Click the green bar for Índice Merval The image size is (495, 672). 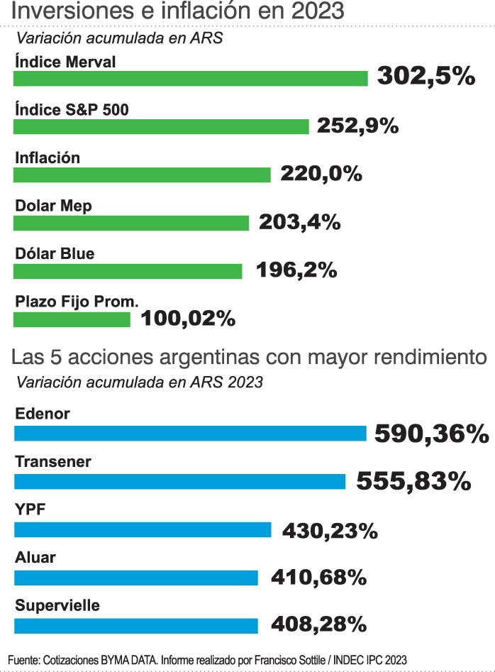click(x=190, y=79)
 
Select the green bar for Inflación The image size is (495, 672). click(x=142, y=175)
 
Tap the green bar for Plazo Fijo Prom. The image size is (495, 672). click(x=72, y=319)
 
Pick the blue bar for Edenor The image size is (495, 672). click(x=190, y=433)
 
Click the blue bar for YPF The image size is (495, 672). click(x=143, y=529)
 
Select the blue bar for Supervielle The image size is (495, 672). click(x=135, y=625)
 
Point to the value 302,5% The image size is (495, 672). click(x=426, y=76)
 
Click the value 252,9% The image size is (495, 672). click(x=357, y=126)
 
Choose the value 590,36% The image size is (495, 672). click(x=431, y=433)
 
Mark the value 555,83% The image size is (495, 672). click(x=413, y=481)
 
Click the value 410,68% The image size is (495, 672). click(x=318, y=578)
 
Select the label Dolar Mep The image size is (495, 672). click(x=54, y=206)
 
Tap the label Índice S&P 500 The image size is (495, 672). click(x=72, y=109)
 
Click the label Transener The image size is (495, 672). click(x=53, y=462)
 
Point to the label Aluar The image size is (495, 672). click(x=35, y=558)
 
